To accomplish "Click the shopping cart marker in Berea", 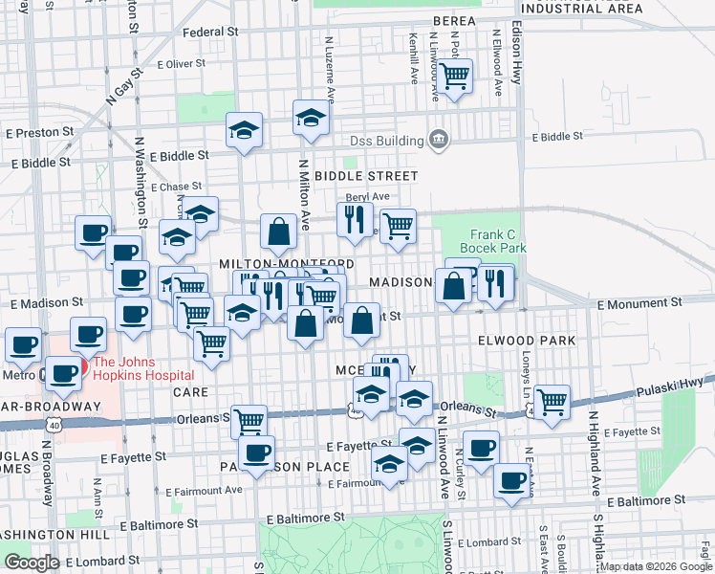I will [454, 74].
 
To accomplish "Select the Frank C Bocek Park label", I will [498, 241].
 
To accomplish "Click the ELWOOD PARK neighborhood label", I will [528, 341].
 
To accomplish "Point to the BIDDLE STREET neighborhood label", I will [366, 176].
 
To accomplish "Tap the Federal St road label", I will [210, 33].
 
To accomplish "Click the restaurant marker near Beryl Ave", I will [355, 219].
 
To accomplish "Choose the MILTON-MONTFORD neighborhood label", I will [287, 264].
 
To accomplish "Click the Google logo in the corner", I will [31, 562].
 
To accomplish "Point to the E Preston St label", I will [41, 132].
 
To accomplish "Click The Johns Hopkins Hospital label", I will [143, 362].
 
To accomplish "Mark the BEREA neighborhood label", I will [454, 20].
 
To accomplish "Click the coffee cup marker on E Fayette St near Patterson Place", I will [256, 453].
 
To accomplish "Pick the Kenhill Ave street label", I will [414, 60].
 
